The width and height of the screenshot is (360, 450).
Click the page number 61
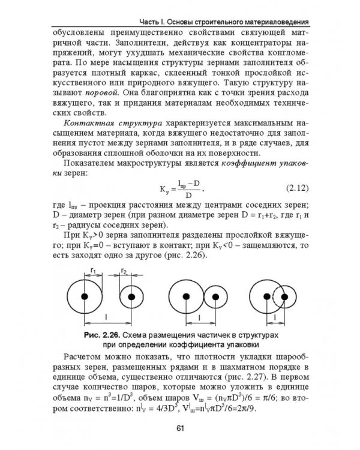pyautogui.click(x=180, y=427)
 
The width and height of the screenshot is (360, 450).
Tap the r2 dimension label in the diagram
pyautogui.click(x=124, y=271)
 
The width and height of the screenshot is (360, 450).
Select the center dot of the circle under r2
pyautogui.click(x=131, y=296)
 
